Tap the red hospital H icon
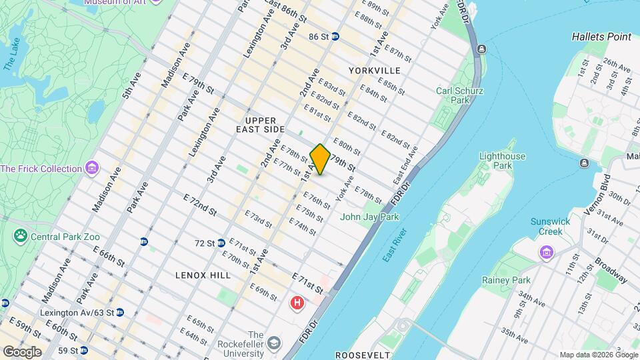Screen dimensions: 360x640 297,304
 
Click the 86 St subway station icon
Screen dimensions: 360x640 335,37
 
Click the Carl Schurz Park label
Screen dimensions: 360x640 459,96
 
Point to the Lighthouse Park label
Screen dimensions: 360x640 502,161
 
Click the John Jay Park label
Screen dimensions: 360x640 369,217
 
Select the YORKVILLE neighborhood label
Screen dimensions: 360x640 374,70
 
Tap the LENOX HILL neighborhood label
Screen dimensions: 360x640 203,275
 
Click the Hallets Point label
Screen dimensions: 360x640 601,37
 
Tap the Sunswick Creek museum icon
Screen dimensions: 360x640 547,253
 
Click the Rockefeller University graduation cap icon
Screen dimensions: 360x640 274,344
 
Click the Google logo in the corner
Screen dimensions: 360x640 21,351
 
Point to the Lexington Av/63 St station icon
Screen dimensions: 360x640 119,312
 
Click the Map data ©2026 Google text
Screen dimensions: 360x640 598,355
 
